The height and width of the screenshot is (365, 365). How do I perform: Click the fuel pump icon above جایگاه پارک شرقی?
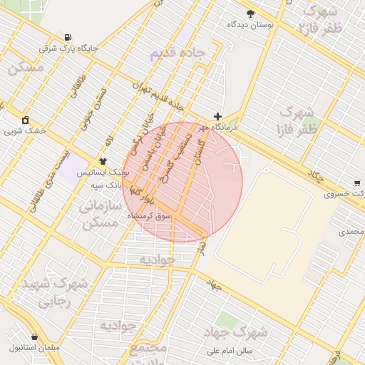(x=68, y=37)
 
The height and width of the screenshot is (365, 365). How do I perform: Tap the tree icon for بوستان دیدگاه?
(x=250, y=14)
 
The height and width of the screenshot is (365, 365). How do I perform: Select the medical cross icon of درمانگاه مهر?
(x=217, y=116)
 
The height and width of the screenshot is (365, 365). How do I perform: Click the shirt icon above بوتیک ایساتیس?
(x=103, y=161)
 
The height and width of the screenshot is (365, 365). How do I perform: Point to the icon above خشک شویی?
(x=26, y=119)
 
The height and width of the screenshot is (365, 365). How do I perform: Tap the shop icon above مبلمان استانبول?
(x=34, y=336)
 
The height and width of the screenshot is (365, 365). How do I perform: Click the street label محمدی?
(x=351, y=232)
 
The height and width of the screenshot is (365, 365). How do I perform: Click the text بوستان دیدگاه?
(x=250, y=25)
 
